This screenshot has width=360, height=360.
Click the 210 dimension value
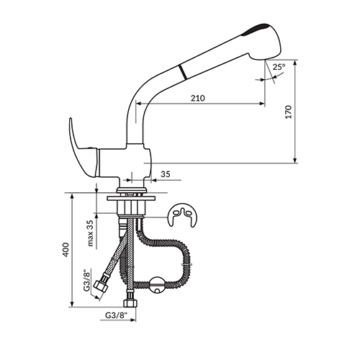(x=198, y=98)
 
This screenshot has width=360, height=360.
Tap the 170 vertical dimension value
(x=289, y=112)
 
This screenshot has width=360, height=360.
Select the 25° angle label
(x=279, y=66)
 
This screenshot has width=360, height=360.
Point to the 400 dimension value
(x=66, y=250)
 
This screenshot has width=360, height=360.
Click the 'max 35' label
(x=90, y=233)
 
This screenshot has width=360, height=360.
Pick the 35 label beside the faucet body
(x=166, y=174)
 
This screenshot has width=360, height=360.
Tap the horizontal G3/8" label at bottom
(x=116, y=315)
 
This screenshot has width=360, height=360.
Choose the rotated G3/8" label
(x=87, y=280)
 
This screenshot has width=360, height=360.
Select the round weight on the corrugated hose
(x=157, y=285)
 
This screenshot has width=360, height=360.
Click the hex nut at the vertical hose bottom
(x=130, y=303)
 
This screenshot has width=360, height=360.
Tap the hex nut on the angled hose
(x=101, y=285)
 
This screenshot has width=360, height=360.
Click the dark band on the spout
(x=183, y=71)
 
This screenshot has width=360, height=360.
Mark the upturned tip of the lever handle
(x=71, y=120)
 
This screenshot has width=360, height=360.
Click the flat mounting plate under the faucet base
(x=131, y=199)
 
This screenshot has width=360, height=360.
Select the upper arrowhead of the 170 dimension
(x=295, y=62)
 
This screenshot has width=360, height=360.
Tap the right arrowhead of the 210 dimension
(x=262, y=104)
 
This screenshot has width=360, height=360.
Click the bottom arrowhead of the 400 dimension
(x=71, y=304)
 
